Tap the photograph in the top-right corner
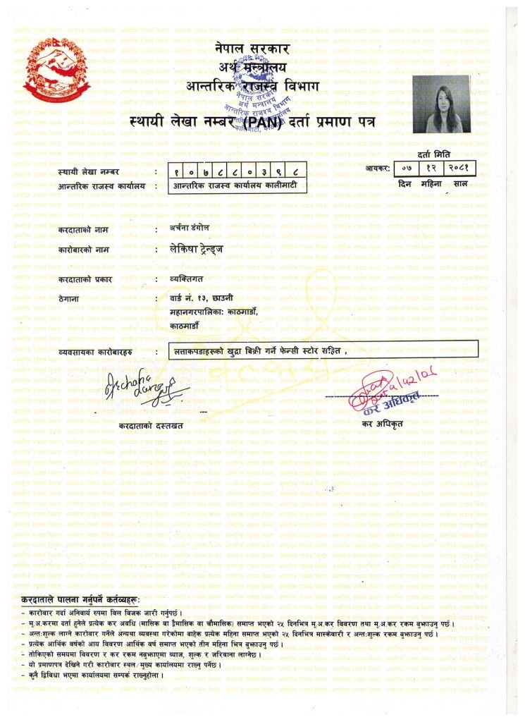(441, 104)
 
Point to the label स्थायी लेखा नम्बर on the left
(89, 171)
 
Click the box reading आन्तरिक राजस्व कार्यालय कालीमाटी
(240, 186)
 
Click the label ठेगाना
(70, 299)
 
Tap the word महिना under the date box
(430, 184)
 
